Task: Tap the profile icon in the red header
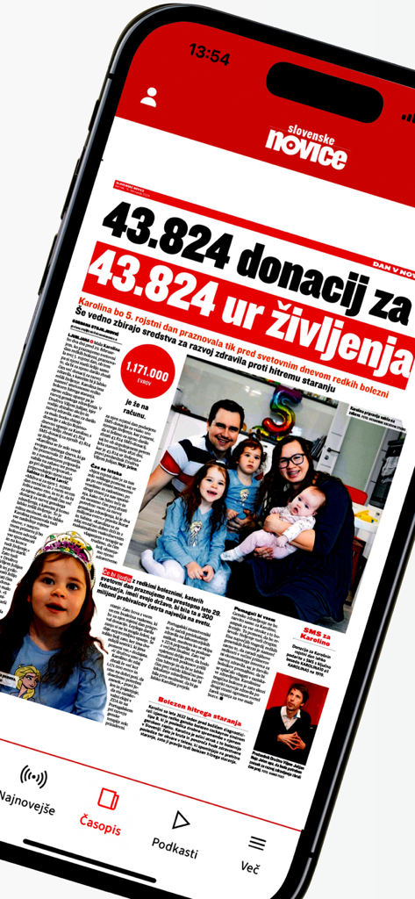coord(148,97)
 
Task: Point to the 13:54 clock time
coord(209,55)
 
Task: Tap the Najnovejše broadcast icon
coord(33,777)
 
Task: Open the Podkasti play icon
coord(180,820)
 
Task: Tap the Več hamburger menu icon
coord(256,843)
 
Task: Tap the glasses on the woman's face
coord(291,460)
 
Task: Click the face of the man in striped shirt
coord(223,426)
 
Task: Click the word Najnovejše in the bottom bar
coord(27,798)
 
